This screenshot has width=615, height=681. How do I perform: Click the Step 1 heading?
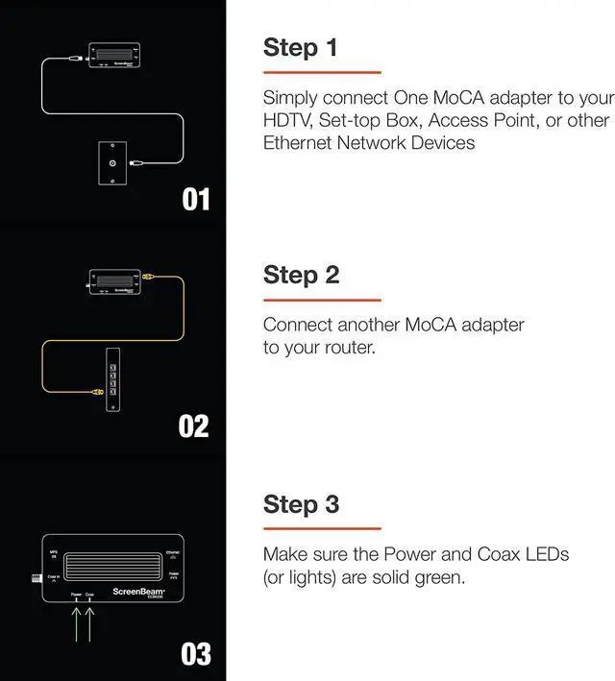tap(300, 47)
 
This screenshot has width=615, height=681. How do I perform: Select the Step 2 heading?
tap(301, 275)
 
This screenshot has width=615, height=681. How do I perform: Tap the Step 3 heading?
tap(301, 503)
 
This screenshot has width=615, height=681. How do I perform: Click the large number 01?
tap(196, 199)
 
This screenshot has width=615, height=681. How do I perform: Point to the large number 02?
tap(194, 426)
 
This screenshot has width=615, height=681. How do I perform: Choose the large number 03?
tap(195, 654)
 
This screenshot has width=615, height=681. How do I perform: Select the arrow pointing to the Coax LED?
tap(90, 621)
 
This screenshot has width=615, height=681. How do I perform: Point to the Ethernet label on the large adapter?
tap(172, 553)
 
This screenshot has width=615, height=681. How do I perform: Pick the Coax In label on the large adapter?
tap(54, 576)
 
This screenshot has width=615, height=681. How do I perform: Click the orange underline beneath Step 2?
tap(322, 300)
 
